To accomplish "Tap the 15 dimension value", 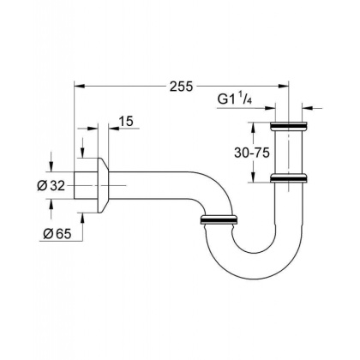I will pyautogui.click(x=125, y=123).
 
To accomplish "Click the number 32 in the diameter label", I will pyautogui.click(x=61, y=185).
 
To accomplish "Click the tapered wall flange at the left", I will pyautogui.click(x=102, y=184).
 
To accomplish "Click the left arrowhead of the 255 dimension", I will pyautogui.click(x=80, y=86).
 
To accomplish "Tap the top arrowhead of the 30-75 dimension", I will pyautogui.click(x=254, y=127).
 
